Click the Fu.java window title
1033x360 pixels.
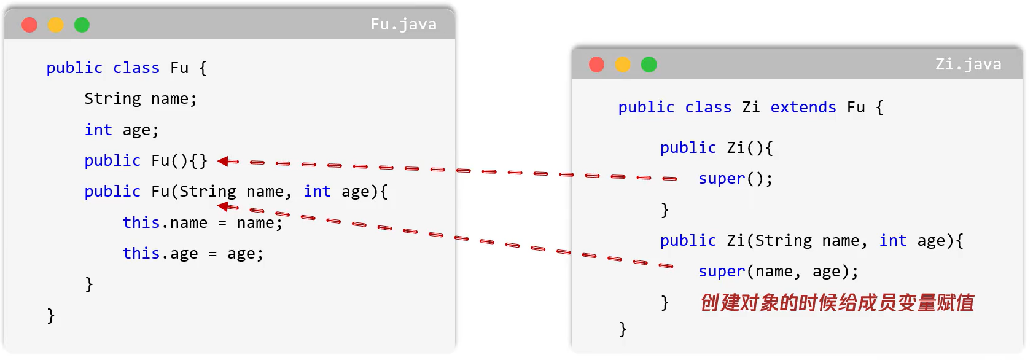tap(403, 25)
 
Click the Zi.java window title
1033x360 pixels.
tap(968, 65)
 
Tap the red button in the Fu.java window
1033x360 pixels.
tap(29, 25)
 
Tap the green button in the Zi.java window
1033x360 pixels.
tap(649, 65)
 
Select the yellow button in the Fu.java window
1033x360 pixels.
tap(56, 25)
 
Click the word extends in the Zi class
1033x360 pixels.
tap(803, 108)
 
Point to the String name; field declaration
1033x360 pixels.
tap(140, 99)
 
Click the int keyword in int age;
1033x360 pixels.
tap(98, 130)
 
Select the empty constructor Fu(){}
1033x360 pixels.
tap(179, 161)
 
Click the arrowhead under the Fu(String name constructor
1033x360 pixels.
tap(223, 206)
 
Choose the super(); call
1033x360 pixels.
tap(735, 179)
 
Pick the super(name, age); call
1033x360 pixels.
tap(778, 272)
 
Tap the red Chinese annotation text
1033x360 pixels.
tap(837, 303)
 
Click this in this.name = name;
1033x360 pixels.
tap(141, 222)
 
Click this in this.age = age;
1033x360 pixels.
tap(141, 253)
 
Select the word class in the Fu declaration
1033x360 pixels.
tap(136, 68)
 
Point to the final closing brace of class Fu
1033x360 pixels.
tap(51, 316)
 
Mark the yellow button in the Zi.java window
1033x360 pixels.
tap(623, 65)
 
